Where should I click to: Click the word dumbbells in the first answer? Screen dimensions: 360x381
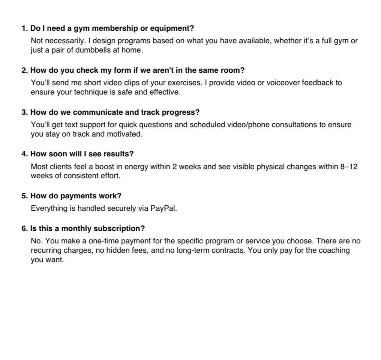(x=92, y=50)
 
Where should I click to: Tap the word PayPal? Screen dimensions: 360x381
(x=163, y=208)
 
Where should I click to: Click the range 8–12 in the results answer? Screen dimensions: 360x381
(x=349, y=166)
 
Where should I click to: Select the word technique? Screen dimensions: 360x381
(x=89, y=92)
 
